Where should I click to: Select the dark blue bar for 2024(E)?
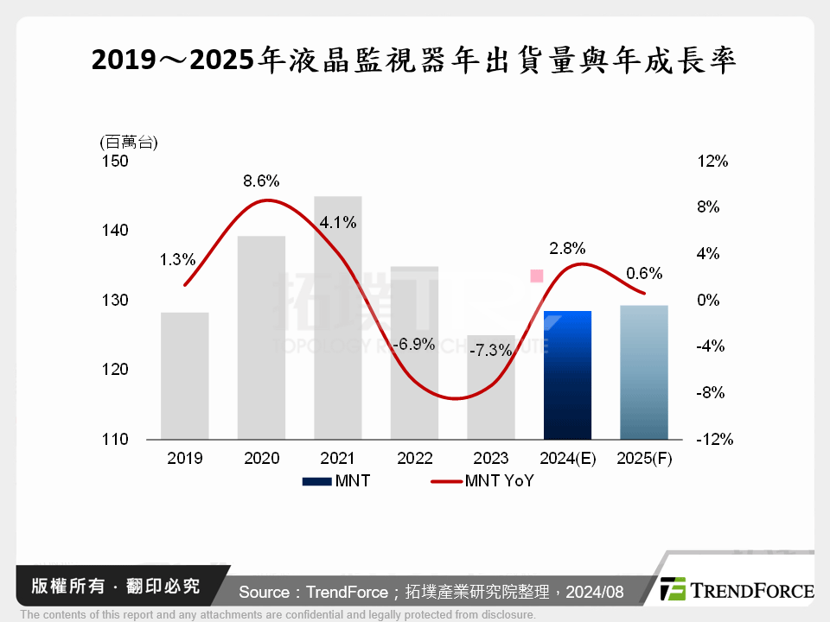567,376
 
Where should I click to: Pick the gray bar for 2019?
185,376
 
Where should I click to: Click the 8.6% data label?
261,181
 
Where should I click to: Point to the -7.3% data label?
490,352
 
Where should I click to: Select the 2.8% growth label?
567,247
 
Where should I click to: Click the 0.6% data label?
644,274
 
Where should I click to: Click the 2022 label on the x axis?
414,459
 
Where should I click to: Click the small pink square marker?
536,276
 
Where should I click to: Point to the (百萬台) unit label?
130,141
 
